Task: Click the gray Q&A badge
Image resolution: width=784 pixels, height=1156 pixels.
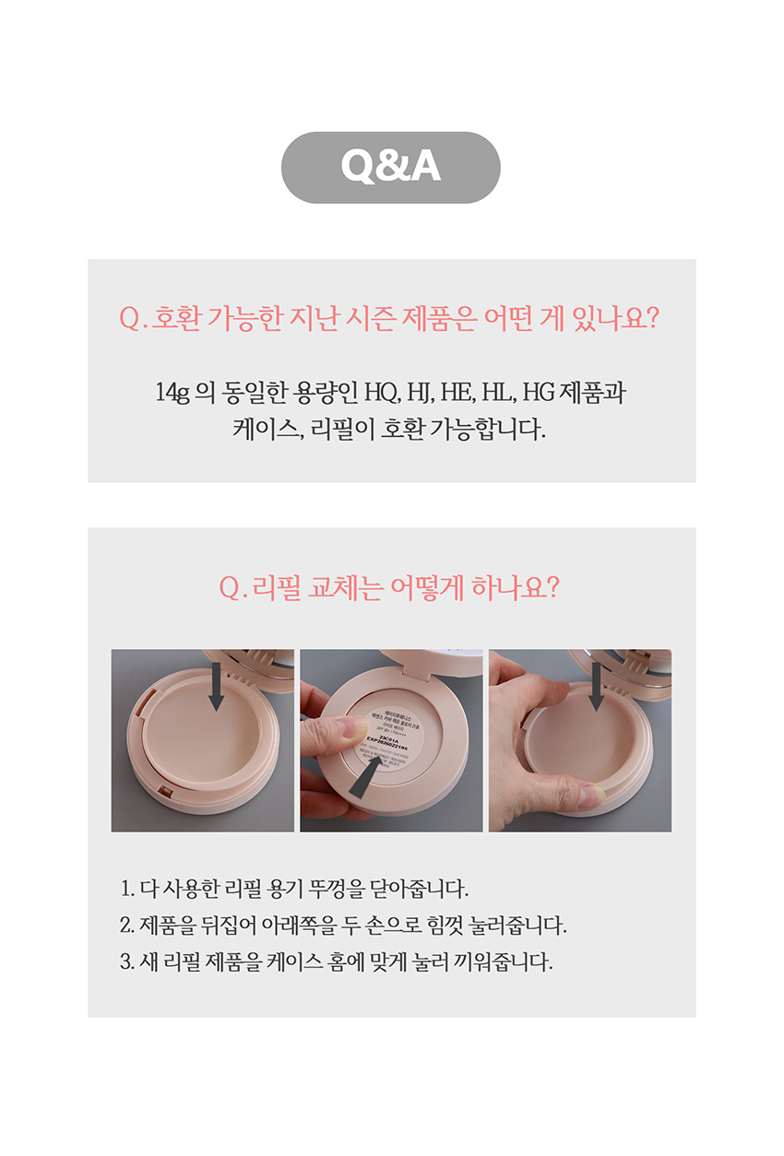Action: (x=390, y=167)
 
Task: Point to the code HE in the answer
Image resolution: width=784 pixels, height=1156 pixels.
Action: (x=456, y=393)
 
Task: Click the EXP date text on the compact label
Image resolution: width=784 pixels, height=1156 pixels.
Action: (x=395, y=739)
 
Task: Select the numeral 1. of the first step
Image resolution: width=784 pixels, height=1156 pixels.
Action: (x=127, y=890)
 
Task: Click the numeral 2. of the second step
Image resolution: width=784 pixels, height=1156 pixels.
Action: (x=127, y=926)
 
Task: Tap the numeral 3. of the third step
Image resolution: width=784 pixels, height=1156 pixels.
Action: (x=127, y=962)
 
